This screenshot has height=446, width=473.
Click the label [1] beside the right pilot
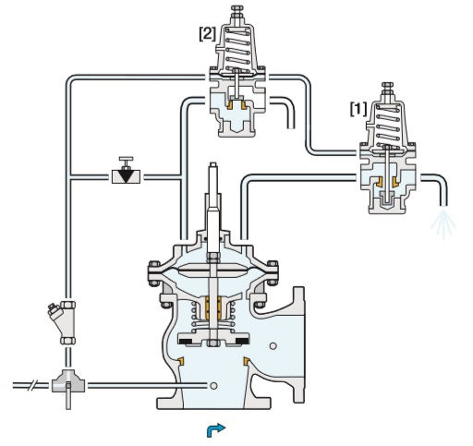coord(358,109)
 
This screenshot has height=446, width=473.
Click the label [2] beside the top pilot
coord(207,34)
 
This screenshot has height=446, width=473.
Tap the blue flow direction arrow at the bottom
coord(216,430)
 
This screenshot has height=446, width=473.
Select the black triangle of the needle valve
coord(126,176)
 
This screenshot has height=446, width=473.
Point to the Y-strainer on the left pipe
coord(63,322)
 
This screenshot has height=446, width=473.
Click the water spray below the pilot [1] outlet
coord(443,223)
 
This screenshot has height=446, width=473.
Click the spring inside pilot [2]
coord(238,49)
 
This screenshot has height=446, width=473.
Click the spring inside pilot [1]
coord(388,126)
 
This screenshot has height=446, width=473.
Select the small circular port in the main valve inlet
coord(213,386)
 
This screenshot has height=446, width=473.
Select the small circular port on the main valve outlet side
coord(273,346)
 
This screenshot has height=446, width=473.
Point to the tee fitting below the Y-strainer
coord(68,384)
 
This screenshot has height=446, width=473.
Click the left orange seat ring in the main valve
coord(181,361)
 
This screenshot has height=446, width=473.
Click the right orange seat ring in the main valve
coord(246,361)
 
